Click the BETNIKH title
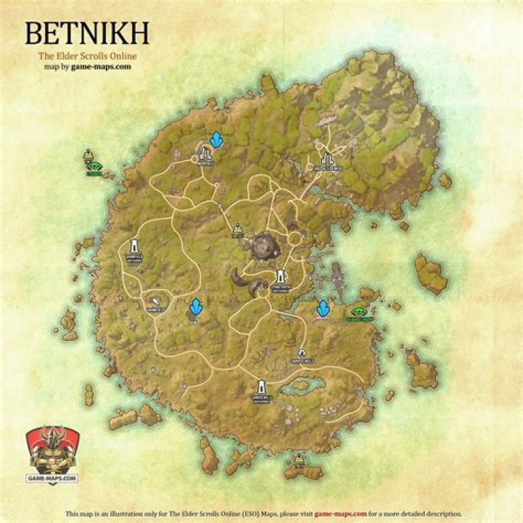coord(86,34)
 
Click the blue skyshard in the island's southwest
coord(195,308)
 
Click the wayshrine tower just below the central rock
coord(281,277)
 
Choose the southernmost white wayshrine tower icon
coord(261,387)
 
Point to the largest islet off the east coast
coord(430,273)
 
